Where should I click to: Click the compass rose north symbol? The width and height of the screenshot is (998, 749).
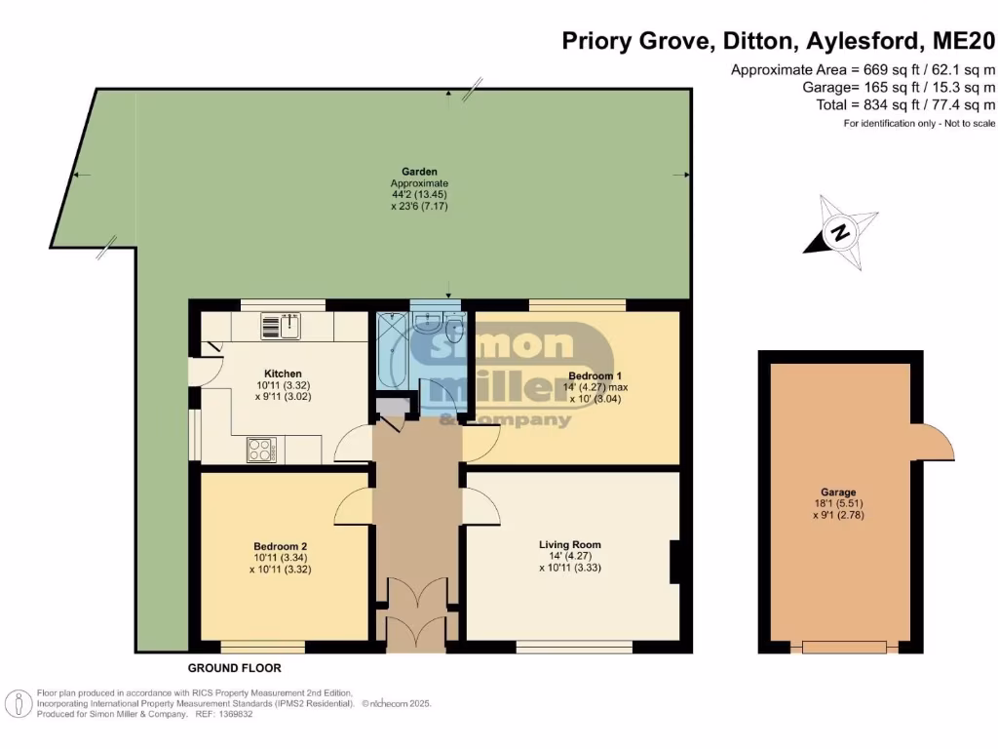(838, 232)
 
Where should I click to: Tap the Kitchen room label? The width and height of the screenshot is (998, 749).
(283, 374)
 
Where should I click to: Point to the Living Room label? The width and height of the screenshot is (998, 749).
(570, 544)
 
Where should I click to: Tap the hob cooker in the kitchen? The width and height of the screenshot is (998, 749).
(261, 450)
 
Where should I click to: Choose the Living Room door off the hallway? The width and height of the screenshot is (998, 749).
(481, 507)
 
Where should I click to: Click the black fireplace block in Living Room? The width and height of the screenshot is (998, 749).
(674, 563)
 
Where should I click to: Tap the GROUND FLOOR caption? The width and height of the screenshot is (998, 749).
(235, 668)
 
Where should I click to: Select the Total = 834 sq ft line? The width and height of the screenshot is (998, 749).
(905, 104)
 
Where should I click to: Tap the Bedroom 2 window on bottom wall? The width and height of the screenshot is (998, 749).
(261, 646)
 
